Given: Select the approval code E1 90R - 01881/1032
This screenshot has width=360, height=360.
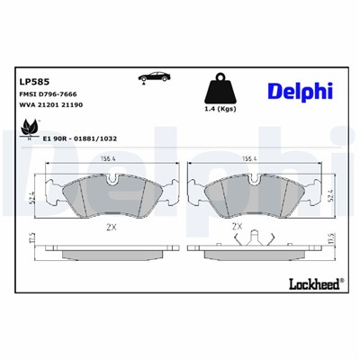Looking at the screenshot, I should point(81,140).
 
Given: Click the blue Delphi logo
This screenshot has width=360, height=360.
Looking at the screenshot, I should point(300,92).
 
